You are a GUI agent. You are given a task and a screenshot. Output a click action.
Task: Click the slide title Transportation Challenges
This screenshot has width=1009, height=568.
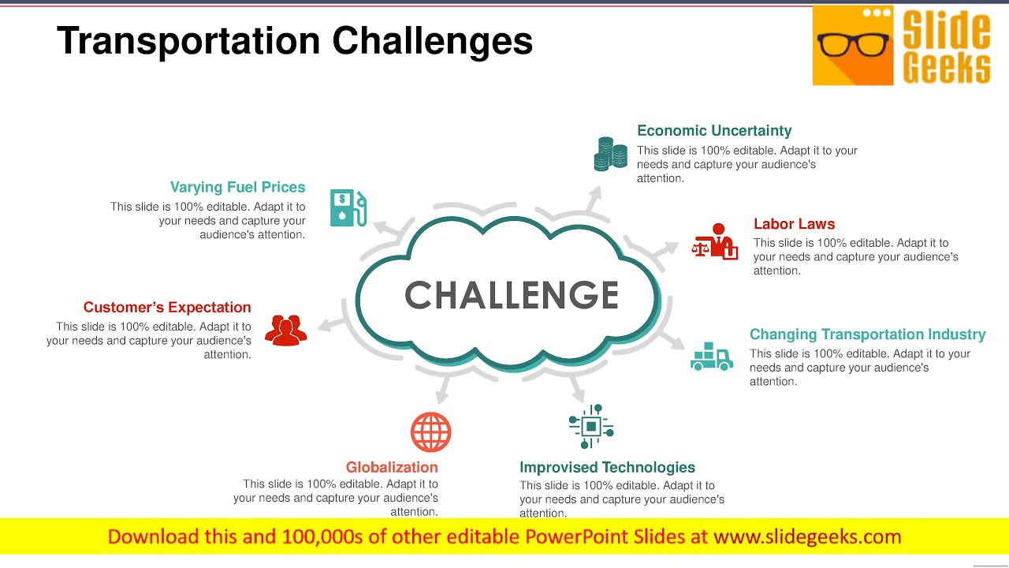[295, 41]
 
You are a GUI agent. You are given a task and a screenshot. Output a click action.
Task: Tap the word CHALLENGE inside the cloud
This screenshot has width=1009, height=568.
[512, 296]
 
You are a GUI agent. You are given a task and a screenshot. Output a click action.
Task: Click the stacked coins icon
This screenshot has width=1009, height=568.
[610, 154]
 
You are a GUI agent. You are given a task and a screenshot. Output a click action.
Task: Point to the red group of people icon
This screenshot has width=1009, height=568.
[285, 330]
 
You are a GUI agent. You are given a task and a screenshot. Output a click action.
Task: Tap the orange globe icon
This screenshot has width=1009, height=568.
[430, 432]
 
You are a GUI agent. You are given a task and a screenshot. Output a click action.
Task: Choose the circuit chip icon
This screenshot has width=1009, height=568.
[590, 427]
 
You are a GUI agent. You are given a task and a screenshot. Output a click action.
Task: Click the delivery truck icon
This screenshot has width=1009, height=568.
[711, 357]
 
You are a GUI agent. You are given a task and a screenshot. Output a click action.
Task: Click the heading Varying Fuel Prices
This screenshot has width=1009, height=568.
[237, 187]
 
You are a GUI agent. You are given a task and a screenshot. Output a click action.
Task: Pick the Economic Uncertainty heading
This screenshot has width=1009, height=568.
[714, 131]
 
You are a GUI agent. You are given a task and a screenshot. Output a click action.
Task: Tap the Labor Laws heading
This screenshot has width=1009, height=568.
[794, 224]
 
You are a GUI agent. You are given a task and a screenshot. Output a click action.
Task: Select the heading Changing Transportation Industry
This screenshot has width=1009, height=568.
[867, 334]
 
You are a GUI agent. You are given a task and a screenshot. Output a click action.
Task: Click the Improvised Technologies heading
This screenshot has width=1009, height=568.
[607, 467]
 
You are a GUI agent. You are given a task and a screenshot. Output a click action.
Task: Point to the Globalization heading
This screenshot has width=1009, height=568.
[392, 467]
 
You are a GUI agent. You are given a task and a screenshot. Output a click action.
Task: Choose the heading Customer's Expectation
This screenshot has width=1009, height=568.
[167, 308]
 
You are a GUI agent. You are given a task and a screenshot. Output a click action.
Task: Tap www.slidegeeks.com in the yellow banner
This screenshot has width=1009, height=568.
[806, 537]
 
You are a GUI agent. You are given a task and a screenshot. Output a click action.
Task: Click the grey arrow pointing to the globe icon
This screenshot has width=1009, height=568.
[443, 388]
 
